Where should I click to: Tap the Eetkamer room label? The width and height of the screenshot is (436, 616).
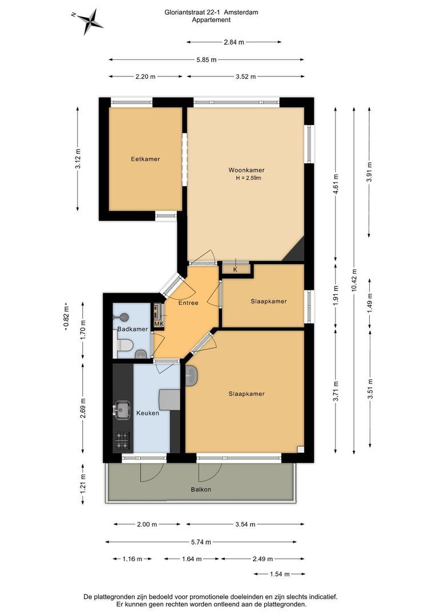tap(146, 159)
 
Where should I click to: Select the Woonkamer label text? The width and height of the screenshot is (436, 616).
tap(247, 170)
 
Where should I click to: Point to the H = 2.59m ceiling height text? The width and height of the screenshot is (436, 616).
tap(248, 178)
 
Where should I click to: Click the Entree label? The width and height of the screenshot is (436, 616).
tap(188, 303)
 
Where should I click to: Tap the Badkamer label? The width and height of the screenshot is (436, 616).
tap(132, 329)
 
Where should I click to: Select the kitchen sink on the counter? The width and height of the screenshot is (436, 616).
tap(122, 410)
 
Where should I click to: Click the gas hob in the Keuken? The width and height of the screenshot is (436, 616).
tap(122, 440)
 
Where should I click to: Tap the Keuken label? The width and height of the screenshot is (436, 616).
tap(148, 413)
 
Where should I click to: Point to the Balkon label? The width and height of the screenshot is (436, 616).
tap(201, 489)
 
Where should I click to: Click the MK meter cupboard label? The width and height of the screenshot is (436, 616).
tap(159, 324)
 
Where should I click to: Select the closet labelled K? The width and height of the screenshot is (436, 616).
tap(236, 268)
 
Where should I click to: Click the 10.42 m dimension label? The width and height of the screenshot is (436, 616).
tap(354, 280)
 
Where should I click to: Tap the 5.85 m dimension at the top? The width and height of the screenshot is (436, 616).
tap(207, 60)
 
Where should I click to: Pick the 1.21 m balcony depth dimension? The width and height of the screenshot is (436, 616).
tap(83, 484)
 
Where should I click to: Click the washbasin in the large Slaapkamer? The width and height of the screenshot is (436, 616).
tap(191, 375)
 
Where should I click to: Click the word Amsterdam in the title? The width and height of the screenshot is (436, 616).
tap(241, 12)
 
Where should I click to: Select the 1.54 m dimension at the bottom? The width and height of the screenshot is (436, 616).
tap(280, 574)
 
